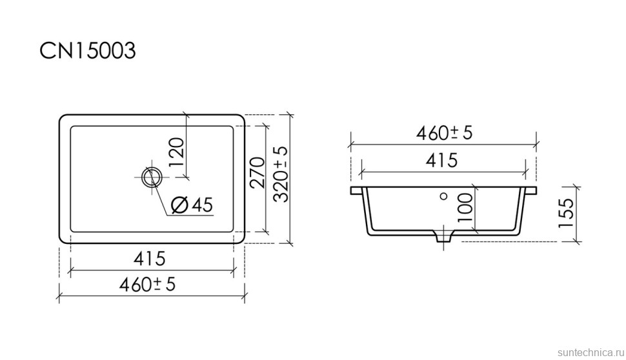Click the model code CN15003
pos(88,51)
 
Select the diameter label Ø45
pos(192,205)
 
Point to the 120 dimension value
pos(176,152)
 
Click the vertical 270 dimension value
pos(257,172)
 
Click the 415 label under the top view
pos(150,258)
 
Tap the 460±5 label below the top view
pos(147,284)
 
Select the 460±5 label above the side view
pos(445,133)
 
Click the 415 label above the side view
pos(441,161)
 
